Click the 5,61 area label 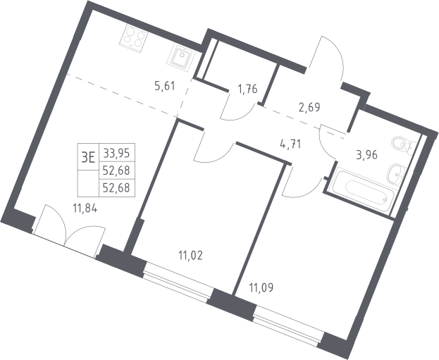tap(165, 86)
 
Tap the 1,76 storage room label tap(247, 89)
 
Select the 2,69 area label tap(309, 107)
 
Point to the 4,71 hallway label tap(290, 144)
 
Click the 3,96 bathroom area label tap(366, 154)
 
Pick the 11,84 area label tap(85, 209)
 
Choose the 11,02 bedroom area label tap(191, 256)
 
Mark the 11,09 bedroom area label tap(261, 287)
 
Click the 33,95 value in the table tap(116, 153)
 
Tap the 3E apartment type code tap(88, 158)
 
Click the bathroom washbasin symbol tap(396, 175)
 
